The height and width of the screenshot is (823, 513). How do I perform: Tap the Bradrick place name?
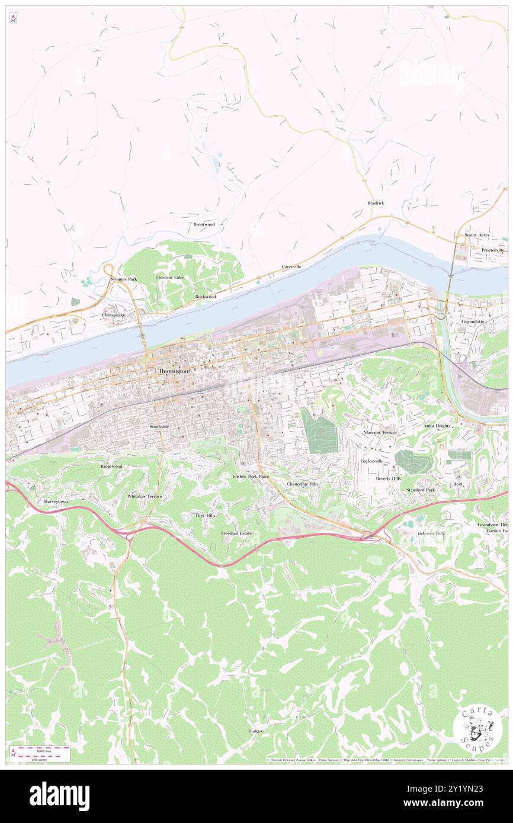[376, 203]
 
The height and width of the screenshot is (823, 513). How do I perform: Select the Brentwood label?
[204, 224]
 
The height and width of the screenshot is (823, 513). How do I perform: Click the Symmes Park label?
[123, 278]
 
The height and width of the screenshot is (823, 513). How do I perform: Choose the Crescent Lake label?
[169, 277]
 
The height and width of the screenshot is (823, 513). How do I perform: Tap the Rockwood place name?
[206, 296]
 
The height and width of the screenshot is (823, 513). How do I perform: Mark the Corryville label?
[291, 266]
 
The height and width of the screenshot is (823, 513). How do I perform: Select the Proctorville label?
[493, 250]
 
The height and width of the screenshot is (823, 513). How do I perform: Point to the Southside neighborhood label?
[159, 426]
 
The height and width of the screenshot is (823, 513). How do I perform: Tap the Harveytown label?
[58, 501]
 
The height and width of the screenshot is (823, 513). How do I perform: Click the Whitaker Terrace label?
[145, 496]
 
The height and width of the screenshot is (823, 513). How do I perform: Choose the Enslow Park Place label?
[251, 476]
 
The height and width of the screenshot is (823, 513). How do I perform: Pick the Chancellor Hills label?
[303, 484]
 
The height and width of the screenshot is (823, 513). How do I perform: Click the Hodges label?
[255, 731]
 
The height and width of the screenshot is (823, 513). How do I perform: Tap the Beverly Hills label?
[389, 478]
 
